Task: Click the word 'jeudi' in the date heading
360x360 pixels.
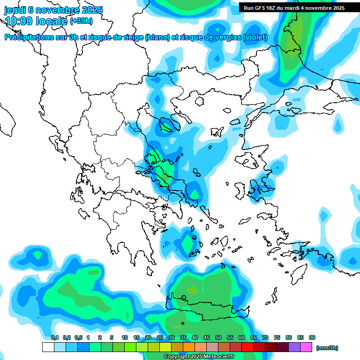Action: coord(15,10)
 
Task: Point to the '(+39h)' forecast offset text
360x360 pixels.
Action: coord(81,21)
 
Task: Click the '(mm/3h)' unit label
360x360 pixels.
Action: coord(327,348)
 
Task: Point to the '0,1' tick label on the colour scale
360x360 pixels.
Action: coord(54,337)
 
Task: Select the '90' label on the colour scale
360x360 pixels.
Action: coord(312,337)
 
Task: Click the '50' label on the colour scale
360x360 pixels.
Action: coord(218,337)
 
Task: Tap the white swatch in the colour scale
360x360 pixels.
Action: coord(48,347)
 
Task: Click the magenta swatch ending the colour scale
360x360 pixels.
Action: coord(306,347)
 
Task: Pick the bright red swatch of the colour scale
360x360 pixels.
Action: coord(247,347)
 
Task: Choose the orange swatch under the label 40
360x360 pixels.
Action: coord(189,347)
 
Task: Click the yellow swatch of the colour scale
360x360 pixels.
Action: coord(165,347)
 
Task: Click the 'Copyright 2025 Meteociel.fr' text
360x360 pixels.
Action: coord(199,357)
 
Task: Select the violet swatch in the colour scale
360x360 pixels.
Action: coord(294,347)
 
